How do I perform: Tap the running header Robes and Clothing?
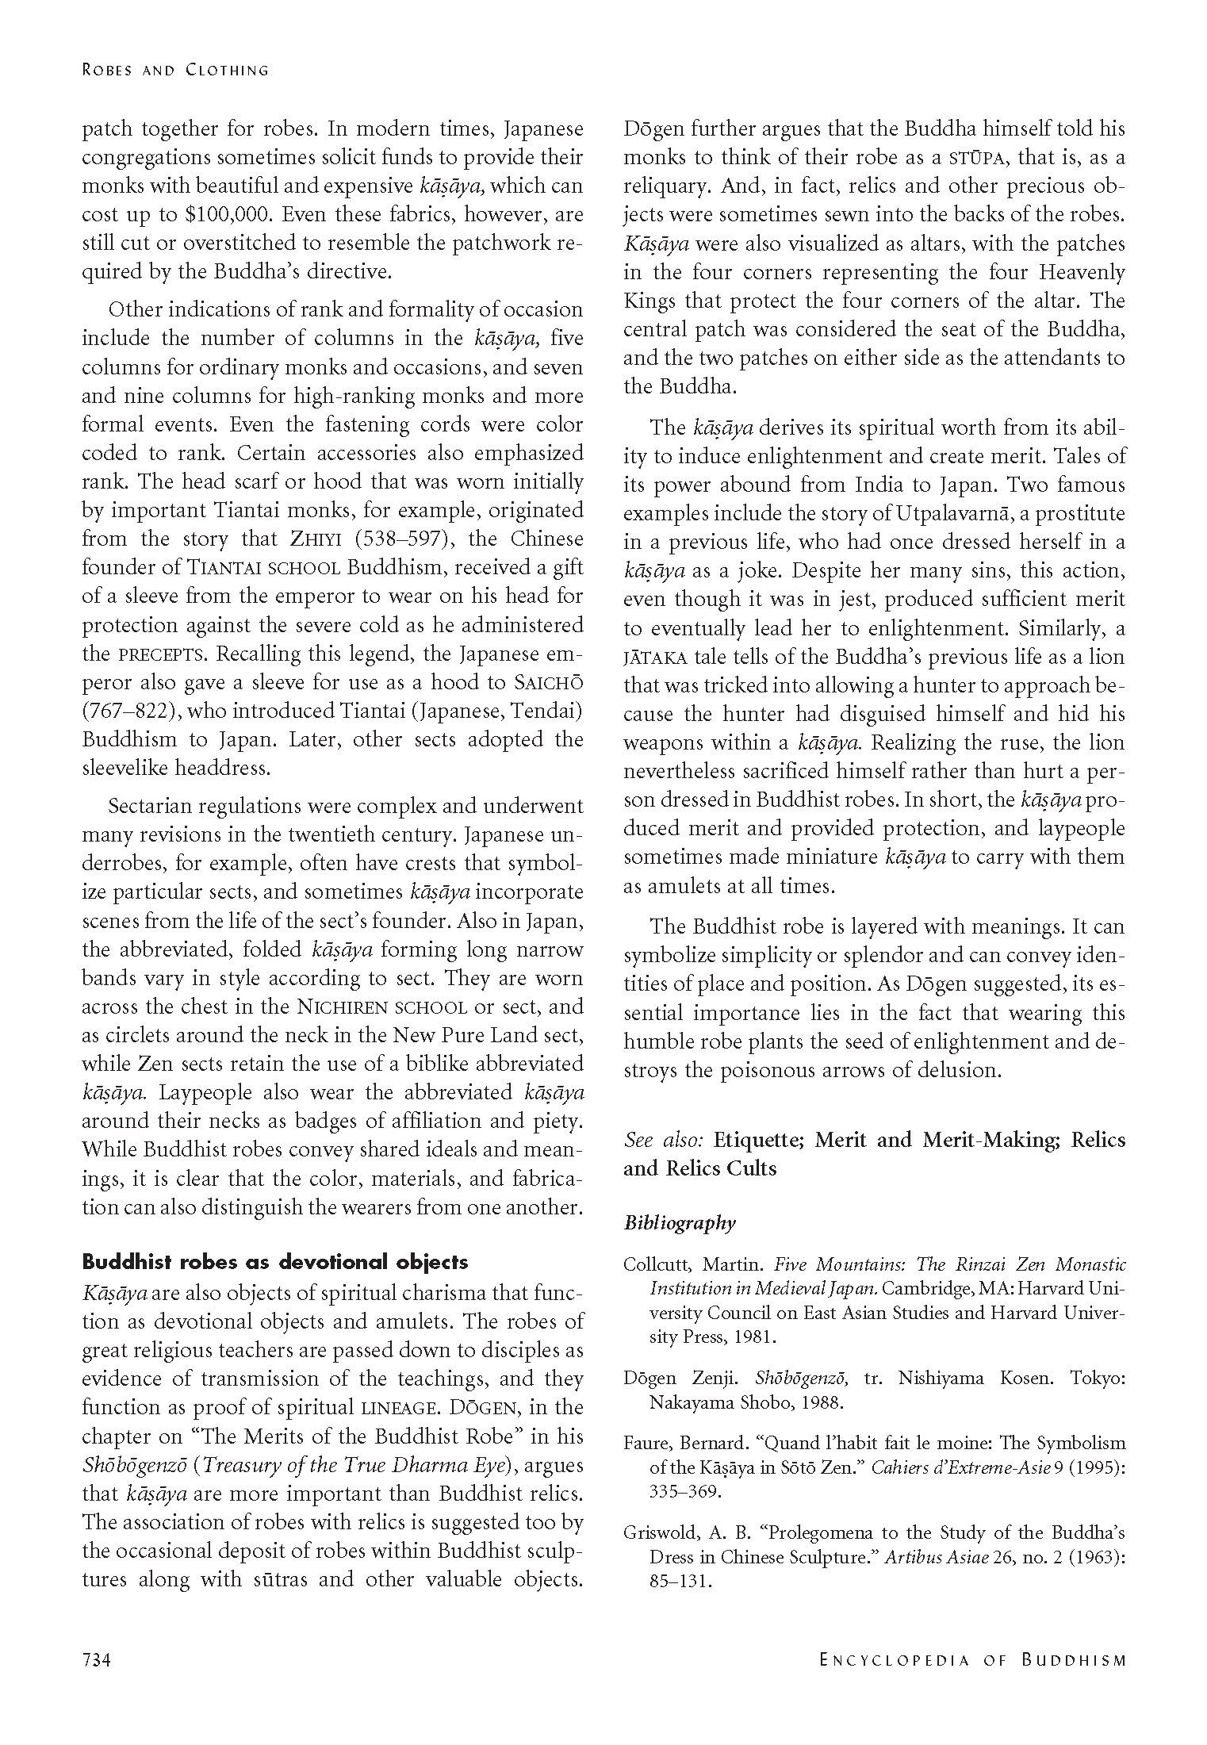(175, 70)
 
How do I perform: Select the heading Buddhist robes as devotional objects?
(275, 1262)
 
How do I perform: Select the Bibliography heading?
(680, 1223)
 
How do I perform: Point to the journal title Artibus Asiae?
(934, 1556)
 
